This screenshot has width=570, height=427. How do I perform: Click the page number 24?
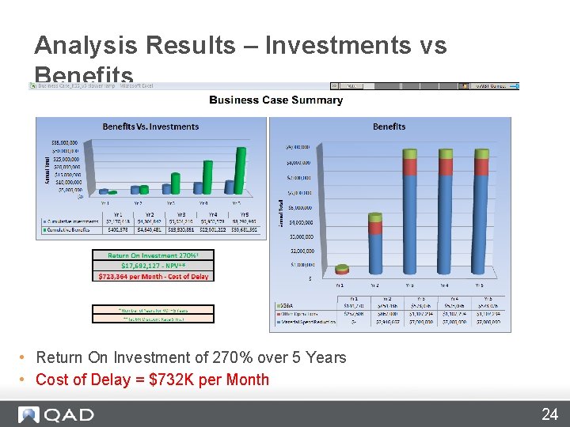click(x=549, y=414)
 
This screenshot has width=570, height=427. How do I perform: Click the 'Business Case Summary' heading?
click(x=275, y=100)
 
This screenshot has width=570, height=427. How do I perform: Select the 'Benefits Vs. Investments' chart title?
click(x=150, y=127)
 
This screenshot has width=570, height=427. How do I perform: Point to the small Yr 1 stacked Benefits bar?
click(x=342, y=270)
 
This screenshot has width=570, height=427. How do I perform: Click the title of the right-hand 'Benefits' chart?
click(x=389, y=127)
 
